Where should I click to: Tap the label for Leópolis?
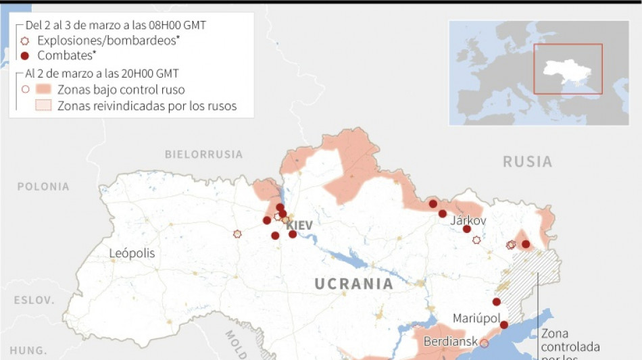(x=132, y=254)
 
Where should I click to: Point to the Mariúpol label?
(x=476, y=318)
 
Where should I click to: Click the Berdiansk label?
(x=451, y=342)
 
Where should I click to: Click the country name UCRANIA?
(x=353, y=284)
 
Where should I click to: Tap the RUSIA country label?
(x=527, y=161)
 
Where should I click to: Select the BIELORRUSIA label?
(x=203, y=154)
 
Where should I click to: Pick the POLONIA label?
(x=43, y=186)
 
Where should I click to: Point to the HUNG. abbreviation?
(x=28, y=351)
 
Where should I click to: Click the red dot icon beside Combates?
(x=26, y=56)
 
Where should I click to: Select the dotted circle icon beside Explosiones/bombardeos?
(x=26, y=41)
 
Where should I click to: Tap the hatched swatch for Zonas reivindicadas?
(x=44, y=105)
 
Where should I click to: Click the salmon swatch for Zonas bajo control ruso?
(x=44, y=89)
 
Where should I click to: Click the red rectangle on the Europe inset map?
(x=568, y=69)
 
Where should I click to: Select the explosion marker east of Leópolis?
(x=237, y=234)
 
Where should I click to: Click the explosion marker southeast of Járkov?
(x=476, y=240)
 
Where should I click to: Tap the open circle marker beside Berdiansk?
(x=484, y=343)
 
